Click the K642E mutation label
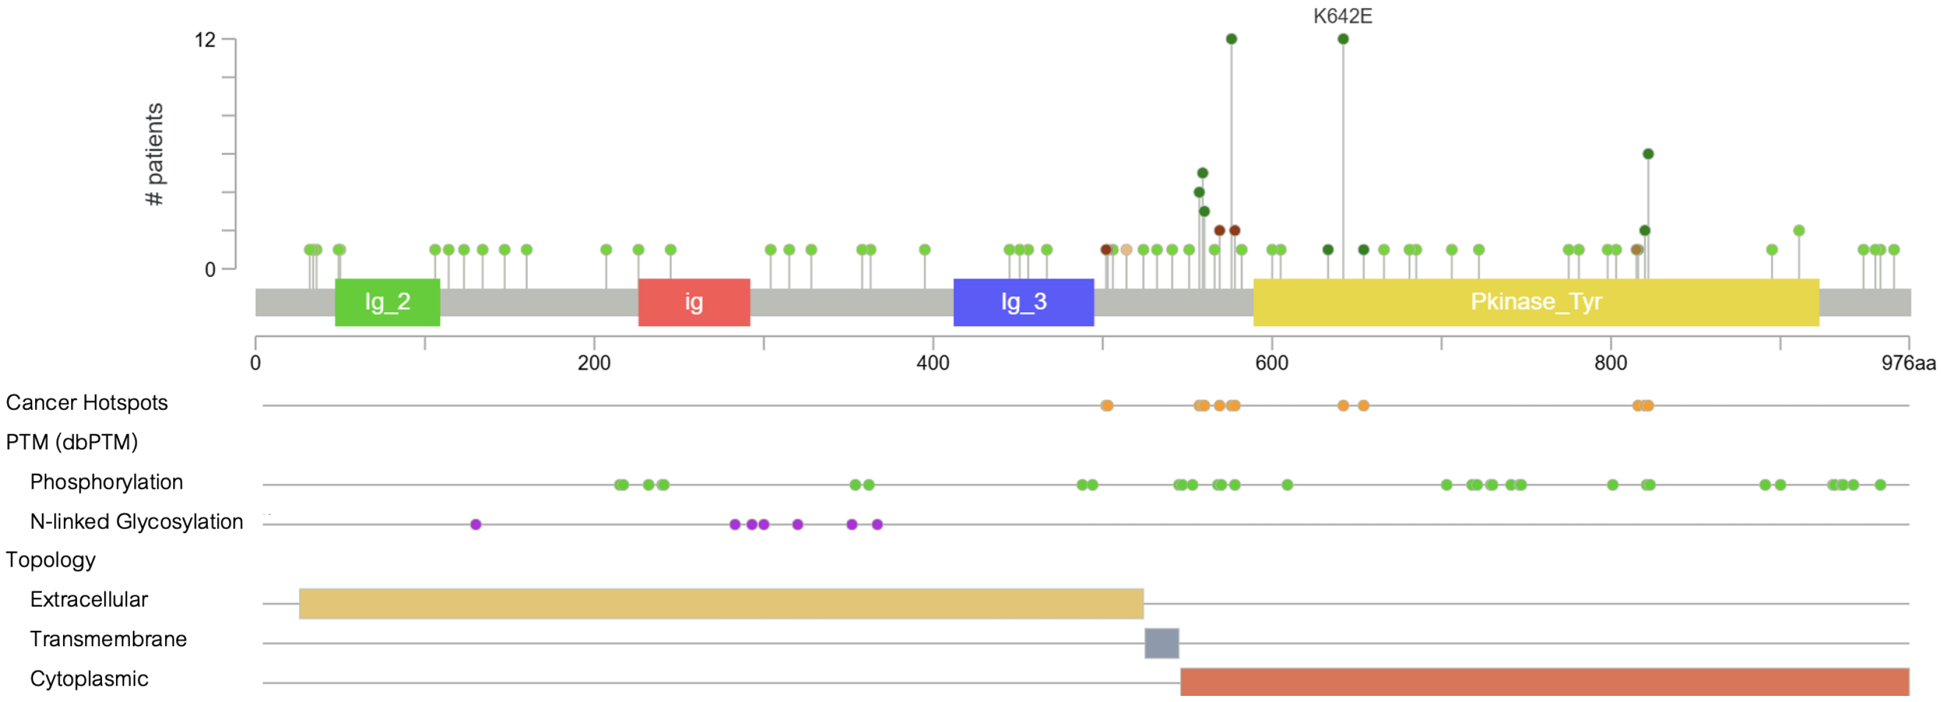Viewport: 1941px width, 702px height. [x=1342, y=16]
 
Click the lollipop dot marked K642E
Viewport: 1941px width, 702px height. [x=1343, y=39]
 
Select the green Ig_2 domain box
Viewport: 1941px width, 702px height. [x=387, y=302]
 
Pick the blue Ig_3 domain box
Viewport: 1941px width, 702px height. [x=1023, y=302]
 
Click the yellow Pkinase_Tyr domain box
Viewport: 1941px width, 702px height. [x=1536, y=302]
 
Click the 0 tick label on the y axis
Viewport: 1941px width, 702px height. [x=210, y=269]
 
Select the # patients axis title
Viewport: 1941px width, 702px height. [x=154, y=154]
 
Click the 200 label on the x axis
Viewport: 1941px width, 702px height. [x=594, y=363]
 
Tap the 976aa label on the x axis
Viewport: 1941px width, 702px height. [x=1908, y=363]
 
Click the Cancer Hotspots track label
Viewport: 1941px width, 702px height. [x=87, y=403]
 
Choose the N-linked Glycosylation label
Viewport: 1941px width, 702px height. [x=137, y=522]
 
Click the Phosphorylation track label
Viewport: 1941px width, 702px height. [x=106, y=482]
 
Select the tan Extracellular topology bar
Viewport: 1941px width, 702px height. [x=721, y=604]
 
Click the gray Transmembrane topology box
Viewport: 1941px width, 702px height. [x=1161, y=643]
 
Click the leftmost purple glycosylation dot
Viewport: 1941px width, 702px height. [x=476, y=524]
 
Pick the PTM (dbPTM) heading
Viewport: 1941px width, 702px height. [x=72, y=442]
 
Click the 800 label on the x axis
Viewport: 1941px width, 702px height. [x=1610, y=363]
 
